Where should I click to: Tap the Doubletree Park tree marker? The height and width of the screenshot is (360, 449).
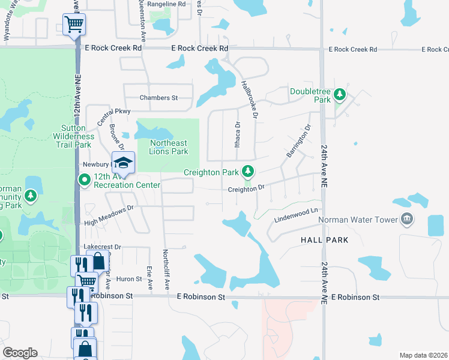pos(340,95)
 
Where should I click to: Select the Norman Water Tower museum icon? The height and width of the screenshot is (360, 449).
pos(408,219)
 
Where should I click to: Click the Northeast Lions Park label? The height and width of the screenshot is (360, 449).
pos(169,147)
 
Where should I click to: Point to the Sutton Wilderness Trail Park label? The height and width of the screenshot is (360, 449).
pos(77,136)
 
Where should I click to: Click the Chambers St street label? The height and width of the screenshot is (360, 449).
pos(159,98)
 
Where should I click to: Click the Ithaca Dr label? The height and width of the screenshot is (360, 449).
pos(237,135)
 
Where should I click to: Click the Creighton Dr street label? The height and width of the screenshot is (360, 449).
pos(246,189)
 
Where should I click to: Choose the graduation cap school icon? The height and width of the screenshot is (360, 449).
pos(123,163)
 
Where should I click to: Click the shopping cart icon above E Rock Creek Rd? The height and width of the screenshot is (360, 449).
pos(74,25)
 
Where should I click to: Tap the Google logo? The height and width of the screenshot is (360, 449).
pos(20,353)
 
